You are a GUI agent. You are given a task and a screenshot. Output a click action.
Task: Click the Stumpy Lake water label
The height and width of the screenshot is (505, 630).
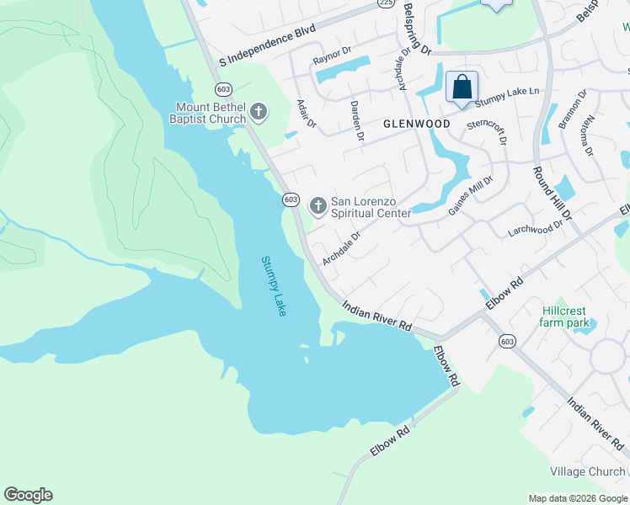273,286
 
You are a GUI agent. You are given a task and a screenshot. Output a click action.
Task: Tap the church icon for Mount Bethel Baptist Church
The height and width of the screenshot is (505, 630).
259,111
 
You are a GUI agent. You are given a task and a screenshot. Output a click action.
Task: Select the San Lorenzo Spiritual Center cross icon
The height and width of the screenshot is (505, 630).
318,205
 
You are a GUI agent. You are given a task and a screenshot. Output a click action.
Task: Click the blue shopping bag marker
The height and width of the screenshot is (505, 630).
462,88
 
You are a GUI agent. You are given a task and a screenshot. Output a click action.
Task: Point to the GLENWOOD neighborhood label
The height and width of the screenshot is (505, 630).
416,124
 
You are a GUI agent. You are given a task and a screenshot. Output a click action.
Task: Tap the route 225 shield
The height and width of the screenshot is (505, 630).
386,3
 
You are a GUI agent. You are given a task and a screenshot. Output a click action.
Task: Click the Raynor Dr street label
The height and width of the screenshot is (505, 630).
331,61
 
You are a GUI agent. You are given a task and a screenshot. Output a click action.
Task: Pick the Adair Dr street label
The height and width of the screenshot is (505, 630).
306,114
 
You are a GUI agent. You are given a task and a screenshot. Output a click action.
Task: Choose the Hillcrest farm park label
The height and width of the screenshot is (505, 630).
565,316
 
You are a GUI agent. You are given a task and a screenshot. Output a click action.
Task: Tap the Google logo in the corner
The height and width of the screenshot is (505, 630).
28,495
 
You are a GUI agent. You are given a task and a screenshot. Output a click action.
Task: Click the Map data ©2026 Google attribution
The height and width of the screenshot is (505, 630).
577,498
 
